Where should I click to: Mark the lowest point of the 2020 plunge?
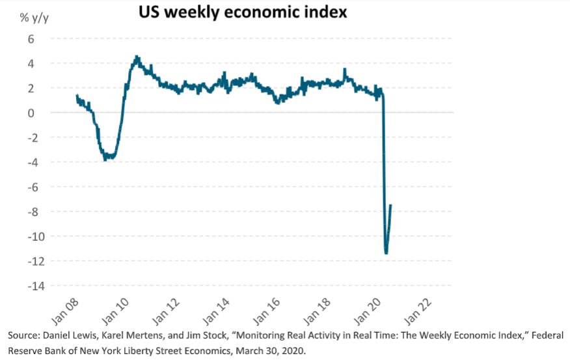pyautogui.click(x=387, y=253)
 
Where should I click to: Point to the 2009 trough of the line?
pyautogui.click(x=106, y=159)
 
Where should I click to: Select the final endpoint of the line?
pyautogui.click(x=391, y=205)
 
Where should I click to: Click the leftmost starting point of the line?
pyautogui.click(x=77, y=96)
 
